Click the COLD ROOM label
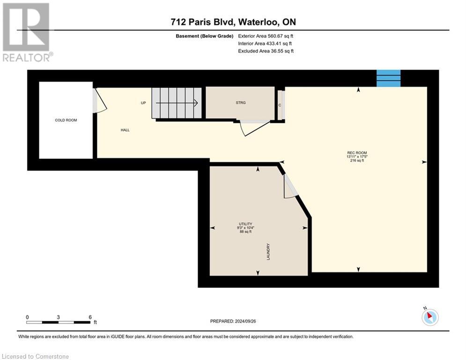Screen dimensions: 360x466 pyautogui.click(x=66, y=120)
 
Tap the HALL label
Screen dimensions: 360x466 pyautogui.click(x=125, y=130)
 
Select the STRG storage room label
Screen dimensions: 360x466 pyautogui.click(x=241, y=103)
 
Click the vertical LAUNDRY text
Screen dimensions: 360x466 pyautogui.click(x=268, y=252)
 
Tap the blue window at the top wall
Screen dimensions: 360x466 pyautogui.click(x=389, y=78)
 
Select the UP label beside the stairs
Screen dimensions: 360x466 pyautogui.click(x=144, y=103)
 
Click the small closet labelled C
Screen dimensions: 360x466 pyautogui.click(x=280, y=105)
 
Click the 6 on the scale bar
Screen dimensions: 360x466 pyautogui.click(x=90, y=317)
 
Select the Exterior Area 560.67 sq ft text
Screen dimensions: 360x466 pyautogui.click(x=266, y=36)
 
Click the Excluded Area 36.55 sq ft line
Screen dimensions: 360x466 pyautogui.click(x=266, y=51)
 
